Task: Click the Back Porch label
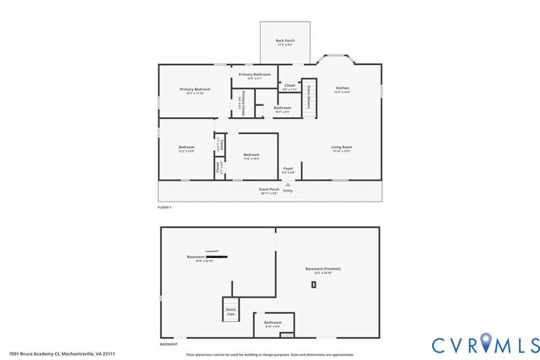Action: [285, 42]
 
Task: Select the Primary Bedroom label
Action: [195, 90]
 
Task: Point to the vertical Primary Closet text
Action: [242, 101]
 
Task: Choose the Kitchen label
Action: [343, 89]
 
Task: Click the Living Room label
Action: [341, 148]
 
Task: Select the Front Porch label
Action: [268, 191]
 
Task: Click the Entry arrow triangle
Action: [288, 183]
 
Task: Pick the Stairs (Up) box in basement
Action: [230, 310]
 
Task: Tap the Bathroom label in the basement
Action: [273, 323]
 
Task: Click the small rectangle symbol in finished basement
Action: [313, 285]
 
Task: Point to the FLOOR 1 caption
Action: [165, 207]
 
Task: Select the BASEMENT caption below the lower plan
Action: [169, 344]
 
